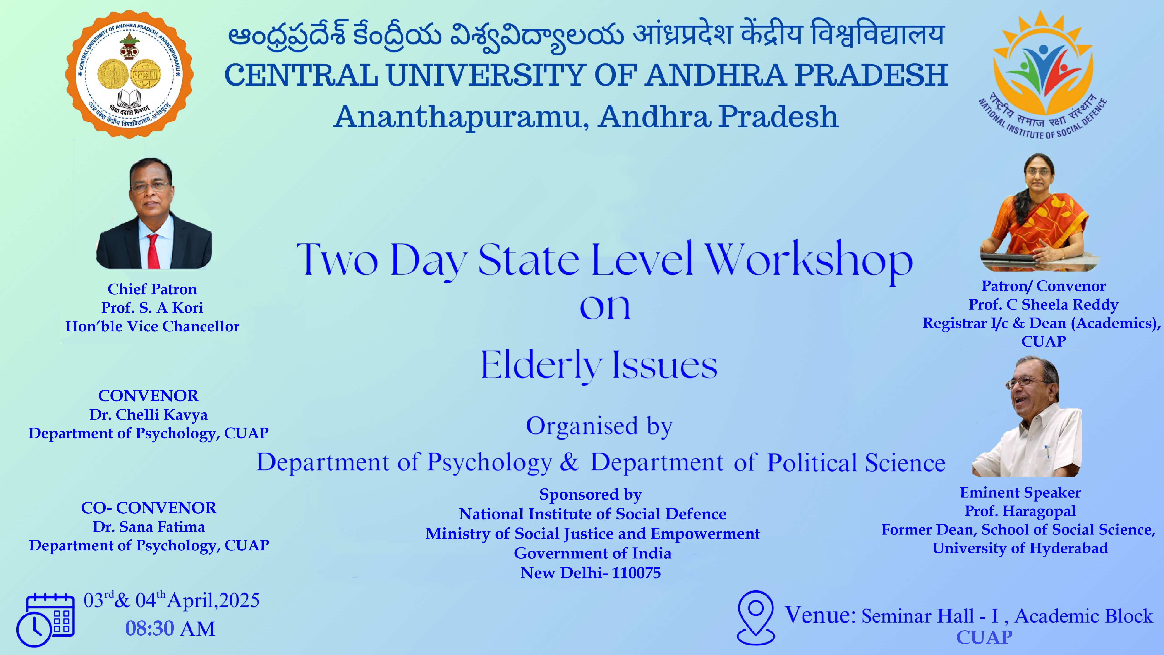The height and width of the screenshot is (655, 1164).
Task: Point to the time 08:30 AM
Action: click(x=170, y=628)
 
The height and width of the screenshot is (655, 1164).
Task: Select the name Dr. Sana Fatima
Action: click(x=149, y=527)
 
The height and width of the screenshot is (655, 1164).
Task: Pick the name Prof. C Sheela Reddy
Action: click(x=1043, y=305)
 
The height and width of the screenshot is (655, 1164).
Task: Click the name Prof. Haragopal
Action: click(x=1020, y=511)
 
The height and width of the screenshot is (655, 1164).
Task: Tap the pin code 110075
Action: click(x=636, y=573)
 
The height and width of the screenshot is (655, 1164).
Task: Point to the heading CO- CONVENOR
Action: click(x=149, y=508)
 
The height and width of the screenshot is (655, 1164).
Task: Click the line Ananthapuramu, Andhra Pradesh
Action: click(x=586, y=117)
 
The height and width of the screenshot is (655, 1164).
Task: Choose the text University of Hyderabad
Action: click(x=1020, y=548)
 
